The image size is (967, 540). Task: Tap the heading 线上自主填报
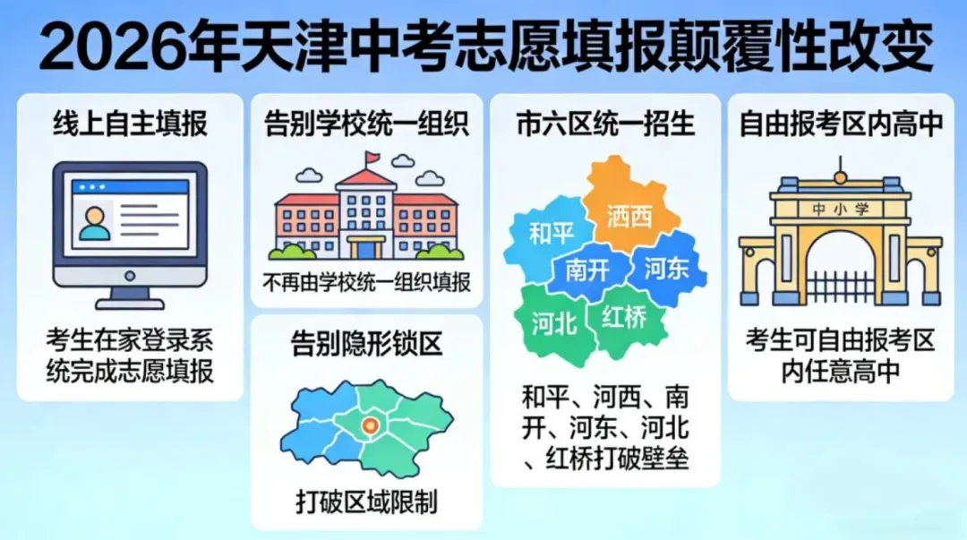coord(130,124)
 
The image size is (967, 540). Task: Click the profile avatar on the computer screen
coord(94,222)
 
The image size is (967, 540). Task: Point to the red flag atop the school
coord(372,160)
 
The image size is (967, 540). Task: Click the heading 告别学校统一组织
coord(366,124)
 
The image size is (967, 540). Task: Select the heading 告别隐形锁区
coord(366,344)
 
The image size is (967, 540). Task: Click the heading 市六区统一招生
coord(605,124)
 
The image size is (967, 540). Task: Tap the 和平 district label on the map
coord(551,234)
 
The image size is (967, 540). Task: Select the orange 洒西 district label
coord(629,216)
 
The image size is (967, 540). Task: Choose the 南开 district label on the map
coord(587,269)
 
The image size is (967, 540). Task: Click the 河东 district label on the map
coord(666,266)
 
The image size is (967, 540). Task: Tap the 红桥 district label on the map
coord(624,318)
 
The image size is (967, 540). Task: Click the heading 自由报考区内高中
coord(841,124)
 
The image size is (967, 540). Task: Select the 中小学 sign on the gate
coord(839,209)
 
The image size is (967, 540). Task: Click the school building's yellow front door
coord(366,247)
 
